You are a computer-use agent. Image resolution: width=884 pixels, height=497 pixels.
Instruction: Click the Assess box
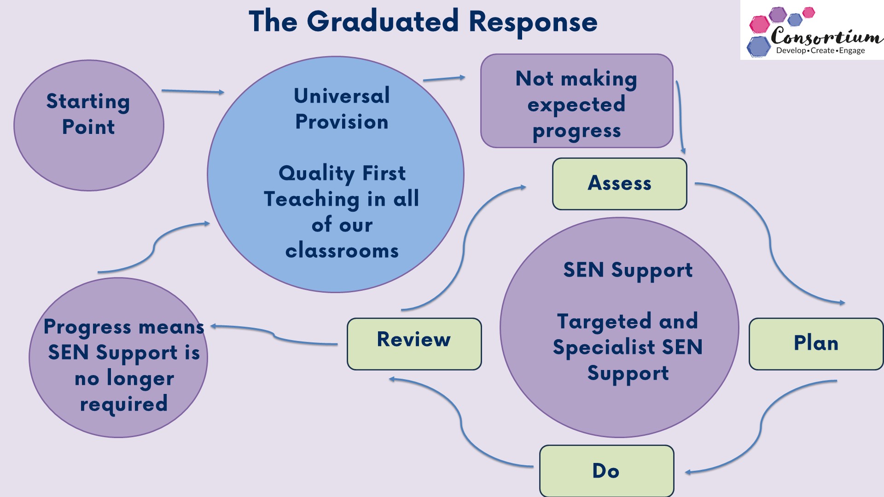[619, 184]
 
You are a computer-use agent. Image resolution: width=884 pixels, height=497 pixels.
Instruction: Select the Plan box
[816, 343]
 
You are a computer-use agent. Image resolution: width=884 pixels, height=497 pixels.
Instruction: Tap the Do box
[606, 471]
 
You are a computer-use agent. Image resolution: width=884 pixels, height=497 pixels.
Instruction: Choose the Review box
[414, 343]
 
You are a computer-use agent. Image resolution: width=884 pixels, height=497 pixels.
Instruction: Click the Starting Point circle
[88, 125]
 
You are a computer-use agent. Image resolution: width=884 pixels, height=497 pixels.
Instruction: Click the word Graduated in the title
[383, 21]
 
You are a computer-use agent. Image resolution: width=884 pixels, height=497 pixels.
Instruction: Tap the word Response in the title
[533, 22]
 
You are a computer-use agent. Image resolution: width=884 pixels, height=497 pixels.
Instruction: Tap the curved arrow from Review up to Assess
[464, 248]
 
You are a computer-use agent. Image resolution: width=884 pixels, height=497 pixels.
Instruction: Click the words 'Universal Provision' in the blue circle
[342, 109]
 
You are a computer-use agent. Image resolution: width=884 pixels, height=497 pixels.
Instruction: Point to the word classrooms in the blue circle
[342, 251]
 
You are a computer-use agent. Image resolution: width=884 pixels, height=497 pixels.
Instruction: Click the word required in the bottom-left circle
[123, 404]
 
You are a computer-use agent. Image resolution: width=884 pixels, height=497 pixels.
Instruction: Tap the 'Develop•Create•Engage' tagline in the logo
[820, 51]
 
